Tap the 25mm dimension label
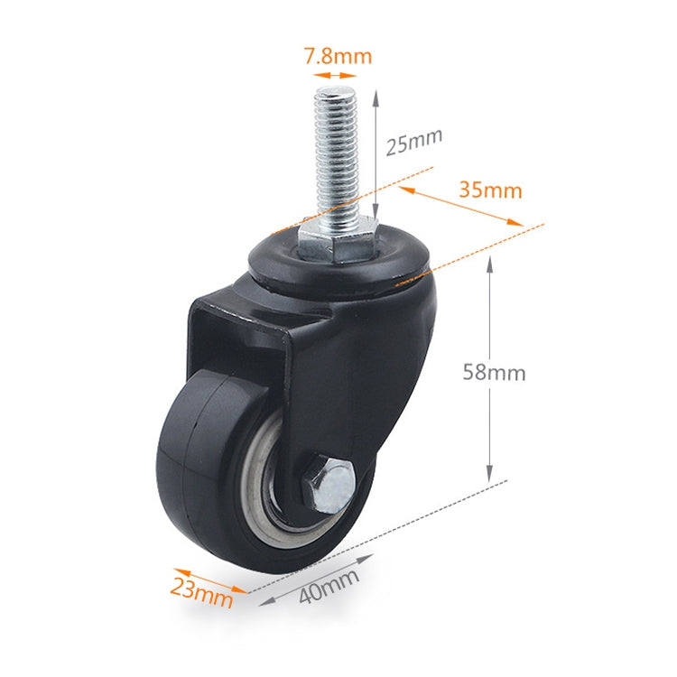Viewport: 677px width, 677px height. coord(413,143)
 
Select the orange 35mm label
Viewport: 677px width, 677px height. coord(490,190)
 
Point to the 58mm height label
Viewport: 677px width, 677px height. coord(494,372)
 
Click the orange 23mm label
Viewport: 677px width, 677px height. coord(196,591)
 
